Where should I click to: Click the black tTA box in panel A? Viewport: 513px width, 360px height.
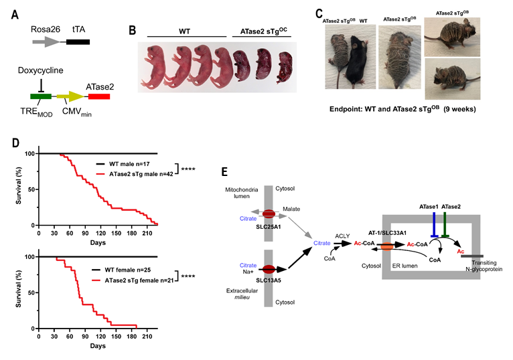coord(78,42)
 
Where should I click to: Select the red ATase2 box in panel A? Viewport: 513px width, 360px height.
coord(99,96)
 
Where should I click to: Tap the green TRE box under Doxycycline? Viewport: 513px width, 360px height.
coord(41,96)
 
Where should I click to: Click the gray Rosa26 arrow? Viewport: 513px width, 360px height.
coord(46,41)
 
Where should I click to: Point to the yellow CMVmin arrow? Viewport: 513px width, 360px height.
coord(70,96)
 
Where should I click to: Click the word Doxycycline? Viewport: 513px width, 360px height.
coord(41,70)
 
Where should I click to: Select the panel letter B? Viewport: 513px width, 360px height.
coord(133,30)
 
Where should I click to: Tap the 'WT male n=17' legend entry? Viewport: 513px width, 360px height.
coord(123,164)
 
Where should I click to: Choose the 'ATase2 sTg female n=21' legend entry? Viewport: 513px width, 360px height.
coord(133,280)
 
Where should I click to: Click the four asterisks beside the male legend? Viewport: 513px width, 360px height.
coord(188,169)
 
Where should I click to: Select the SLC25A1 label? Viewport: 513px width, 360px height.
coord(269,227)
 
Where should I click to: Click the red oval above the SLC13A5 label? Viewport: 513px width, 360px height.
coord(269,269)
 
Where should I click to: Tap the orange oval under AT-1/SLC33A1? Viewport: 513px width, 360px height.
coord(387,246)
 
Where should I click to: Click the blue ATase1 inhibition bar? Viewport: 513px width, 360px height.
coord(434,225)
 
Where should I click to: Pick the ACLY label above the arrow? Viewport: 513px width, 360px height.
coord(342,236)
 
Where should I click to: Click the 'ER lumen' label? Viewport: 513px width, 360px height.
coord(405,266)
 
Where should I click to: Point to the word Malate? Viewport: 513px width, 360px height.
coord(291,209)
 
